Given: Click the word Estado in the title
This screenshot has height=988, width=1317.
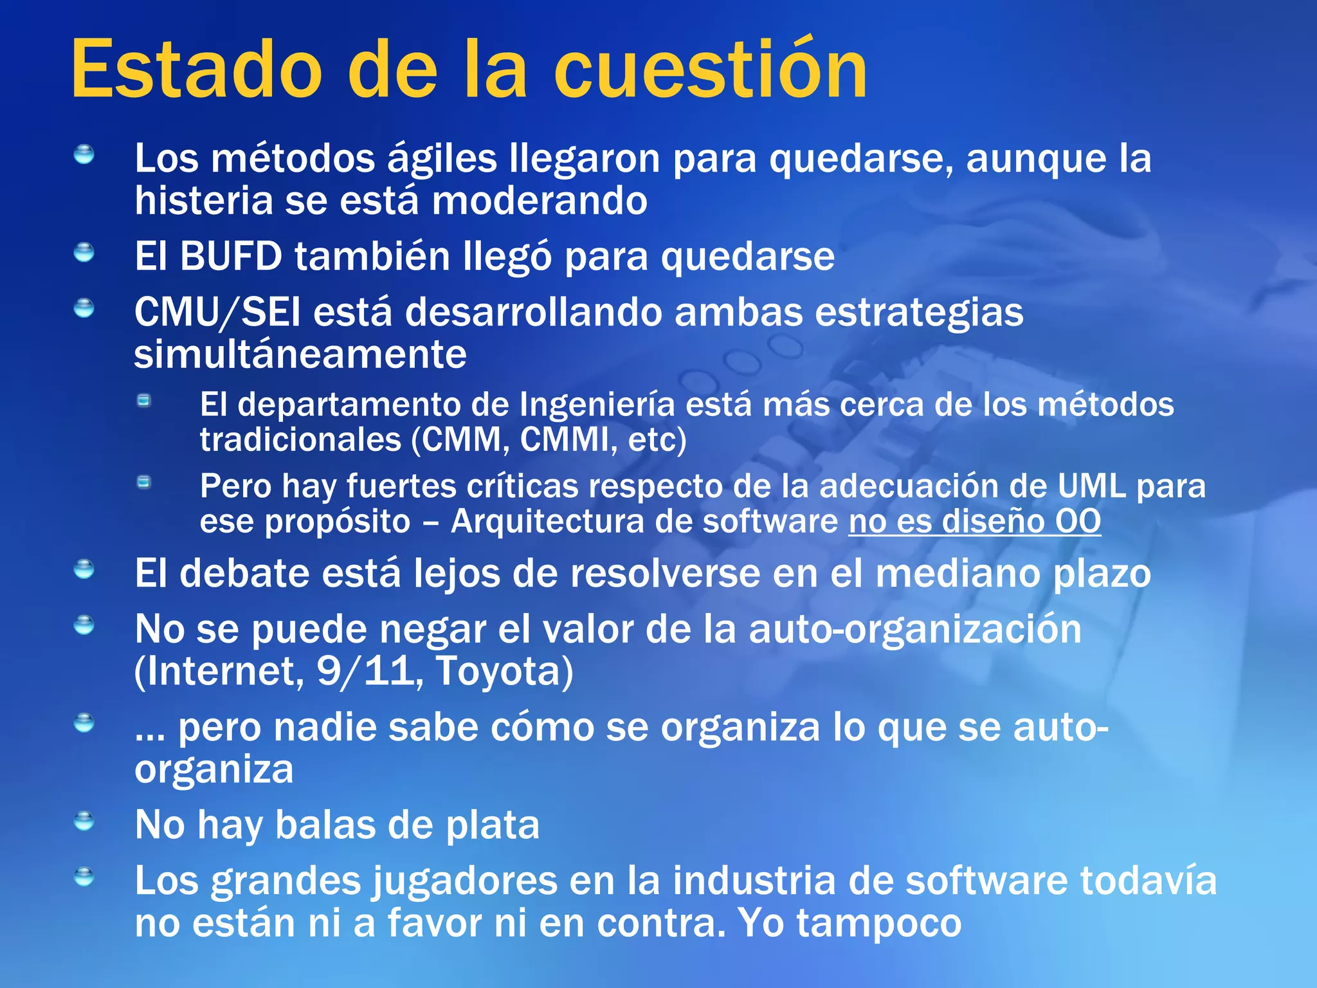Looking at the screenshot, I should click(x=196, y=69).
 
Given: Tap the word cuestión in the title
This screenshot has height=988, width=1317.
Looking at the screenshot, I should click(x=710, y=69).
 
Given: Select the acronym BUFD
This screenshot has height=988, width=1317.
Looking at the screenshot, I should click(x=230, y=257).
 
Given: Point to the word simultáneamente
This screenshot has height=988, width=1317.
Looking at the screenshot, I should click(x=300, y=354).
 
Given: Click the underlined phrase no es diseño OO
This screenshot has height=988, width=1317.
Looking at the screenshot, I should click(x=974, y=522).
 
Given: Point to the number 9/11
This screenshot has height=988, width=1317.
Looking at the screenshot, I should click(x=365, y=671).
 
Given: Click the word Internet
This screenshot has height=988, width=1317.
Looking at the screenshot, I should click(x=219, y=671).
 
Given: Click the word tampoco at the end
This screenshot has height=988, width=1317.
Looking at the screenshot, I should click(x=879, y=923).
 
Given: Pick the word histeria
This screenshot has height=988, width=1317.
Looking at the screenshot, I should click(x=204, y=201).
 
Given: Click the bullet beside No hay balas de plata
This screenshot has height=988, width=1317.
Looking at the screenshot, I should click(x=84, y=821).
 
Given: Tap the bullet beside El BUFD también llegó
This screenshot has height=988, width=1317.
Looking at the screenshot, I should click(x=84, y=253).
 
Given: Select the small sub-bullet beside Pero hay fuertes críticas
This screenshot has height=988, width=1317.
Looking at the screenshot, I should click(x=144, y=482).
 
